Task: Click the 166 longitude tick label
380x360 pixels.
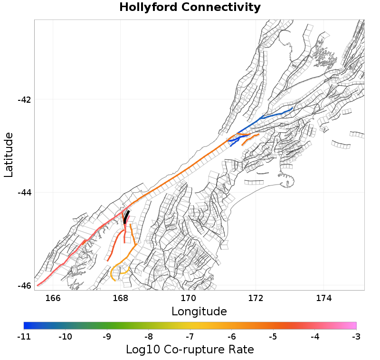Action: point(53,298)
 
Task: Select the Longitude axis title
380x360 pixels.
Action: point(199,312)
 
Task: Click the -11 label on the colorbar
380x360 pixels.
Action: point(24,337)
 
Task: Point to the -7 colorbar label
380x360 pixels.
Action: point(190,337)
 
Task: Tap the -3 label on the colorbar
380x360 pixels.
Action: point(356,337)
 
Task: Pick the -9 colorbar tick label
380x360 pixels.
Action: point(107,337)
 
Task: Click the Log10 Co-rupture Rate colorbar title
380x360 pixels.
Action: point(190,350)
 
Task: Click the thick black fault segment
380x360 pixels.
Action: point(126,217)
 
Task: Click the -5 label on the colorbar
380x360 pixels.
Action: point(273,337)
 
